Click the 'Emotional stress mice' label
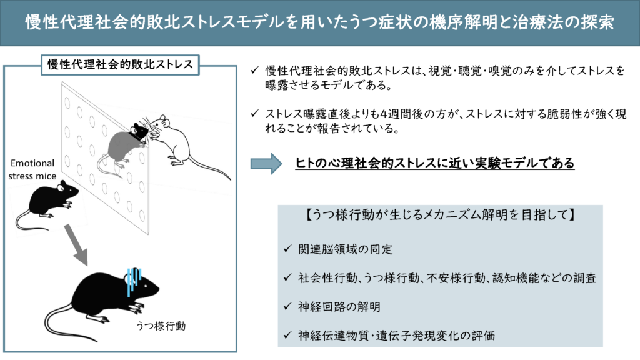click(32, 169)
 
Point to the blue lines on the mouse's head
click(134, 281)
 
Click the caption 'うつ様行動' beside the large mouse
click(161, 326)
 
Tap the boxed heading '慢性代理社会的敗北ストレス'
click(120, 64)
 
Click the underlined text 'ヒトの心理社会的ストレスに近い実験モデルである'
click(435, 163)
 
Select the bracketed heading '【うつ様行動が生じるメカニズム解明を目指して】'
click(440, 215)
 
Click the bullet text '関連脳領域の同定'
click(345, 249)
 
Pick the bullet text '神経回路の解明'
click(339, 307)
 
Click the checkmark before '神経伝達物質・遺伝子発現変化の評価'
click(287, 335)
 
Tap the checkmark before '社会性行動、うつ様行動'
click(287, 277)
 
